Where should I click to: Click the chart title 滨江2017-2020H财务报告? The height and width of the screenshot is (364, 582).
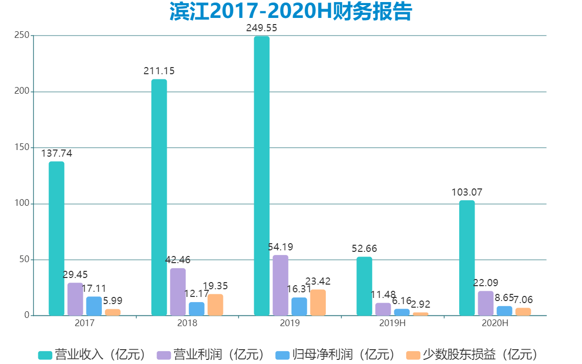click(290, 12)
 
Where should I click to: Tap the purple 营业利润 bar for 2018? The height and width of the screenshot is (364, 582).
click(178, 292)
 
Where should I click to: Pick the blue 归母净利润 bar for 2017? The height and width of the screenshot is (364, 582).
click(94, 306)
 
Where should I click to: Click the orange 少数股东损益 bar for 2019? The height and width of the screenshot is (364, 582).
click(318, 303)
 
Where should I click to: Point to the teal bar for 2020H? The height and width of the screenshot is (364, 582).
click(467, 258)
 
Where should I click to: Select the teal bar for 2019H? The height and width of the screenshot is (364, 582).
click(364, 286)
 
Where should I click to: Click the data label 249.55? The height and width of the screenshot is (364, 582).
click(262, 28)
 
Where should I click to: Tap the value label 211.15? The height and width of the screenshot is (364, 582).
click(159, 71)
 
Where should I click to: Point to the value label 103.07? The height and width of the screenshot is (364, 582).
click(467, 192)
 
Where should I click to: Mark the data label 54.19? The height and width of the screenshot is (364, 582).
click(281, 247)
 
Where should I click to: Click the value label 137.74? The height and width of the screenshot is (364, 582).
click(57, 154)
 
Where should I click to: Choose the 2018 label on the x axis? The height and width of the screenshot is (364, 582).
click(187, 324)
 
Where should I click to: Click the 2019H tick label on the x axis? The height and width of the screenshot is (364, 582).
click(392, 324)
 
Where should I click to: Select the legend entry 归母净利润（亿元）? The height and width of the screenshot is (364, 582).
click(335, 354)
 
